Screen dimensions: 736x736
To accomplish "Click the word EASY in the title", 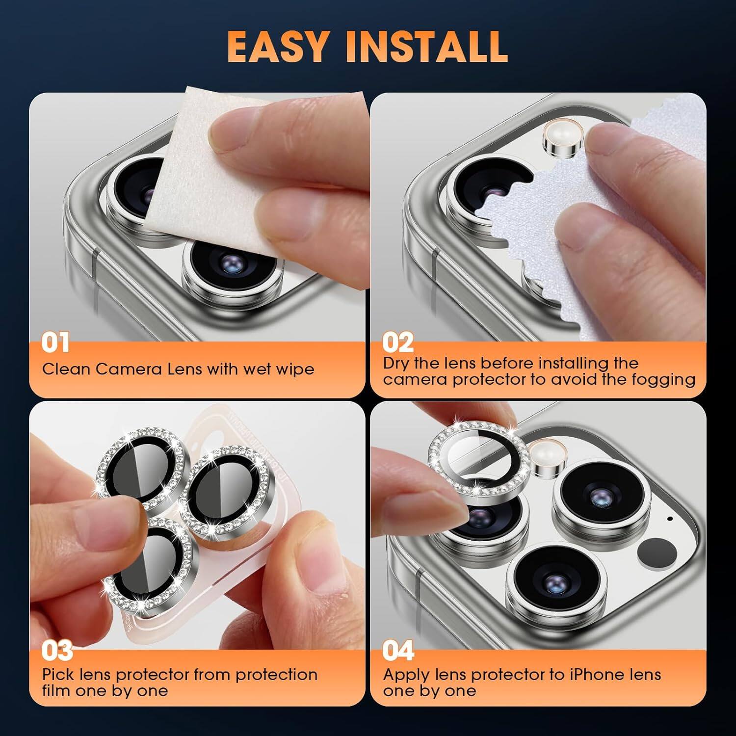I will (x=278, y=47).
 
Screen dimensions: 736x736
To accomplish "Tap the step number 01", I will (x=55, y=342).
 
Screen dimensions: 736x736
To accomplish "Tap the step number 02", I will (x=397, y=342).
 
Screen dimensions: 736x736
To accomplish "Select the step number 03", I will (x=57, y=651).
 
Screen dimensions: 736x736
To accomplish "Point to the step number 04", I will (x=398, y=651).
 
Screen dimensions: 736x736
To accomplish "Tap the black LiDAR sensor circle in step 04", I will (x=657, y=552).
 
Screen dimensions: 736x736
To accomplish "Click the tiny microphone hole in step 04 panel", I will (x=670, y=518).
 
